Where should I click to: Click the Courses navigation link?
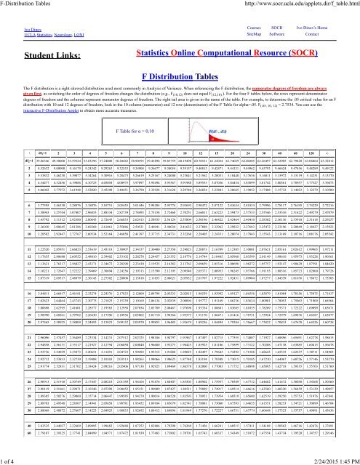(x=255, y=25)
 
